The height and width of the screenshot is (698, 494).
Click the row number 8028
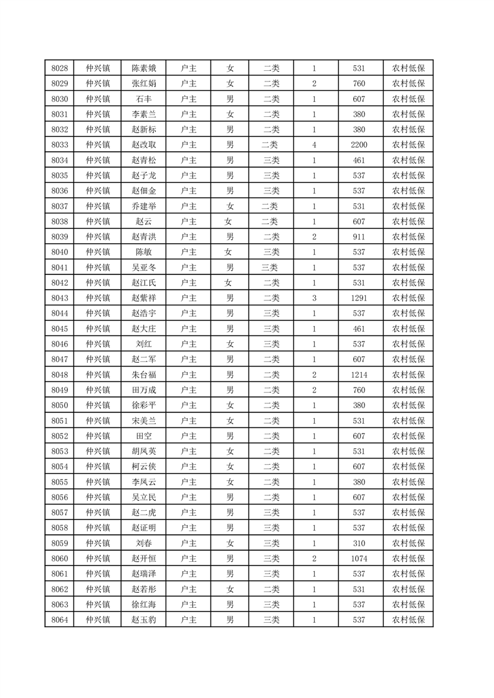59,68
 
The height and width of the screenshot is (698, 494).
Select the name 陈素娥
144,68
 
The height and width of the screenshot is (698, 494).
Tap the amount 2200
359,144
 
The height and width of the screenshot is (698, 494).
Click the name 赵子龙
144,175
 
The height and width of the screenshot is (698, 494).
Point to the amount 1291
359,297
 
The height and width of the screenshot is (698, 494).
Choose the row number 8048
59,375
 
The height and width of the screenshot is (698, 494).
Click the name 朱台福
144,375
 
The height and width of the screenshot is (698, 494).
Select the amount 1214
359,375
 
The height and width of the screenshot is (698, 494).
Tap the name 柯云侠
144,467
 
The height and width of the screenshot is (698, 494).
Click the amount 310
359,543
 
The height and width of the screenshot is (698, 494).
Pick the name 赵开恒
144,559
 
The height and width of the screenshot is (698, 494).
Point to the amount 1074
359,559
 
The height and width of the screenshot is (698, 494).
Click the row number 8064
59,620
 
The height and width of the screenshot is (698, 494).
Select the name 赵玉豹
144,620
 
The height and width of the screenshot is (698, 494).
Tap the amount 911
359,236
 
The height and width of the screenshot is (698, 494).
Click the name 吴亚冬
144,267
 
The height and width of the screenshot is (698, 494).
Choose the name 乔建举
144,206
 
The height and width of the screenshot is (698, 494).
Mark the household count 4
314,144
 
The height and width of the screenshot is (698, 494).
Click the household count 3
314,297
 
